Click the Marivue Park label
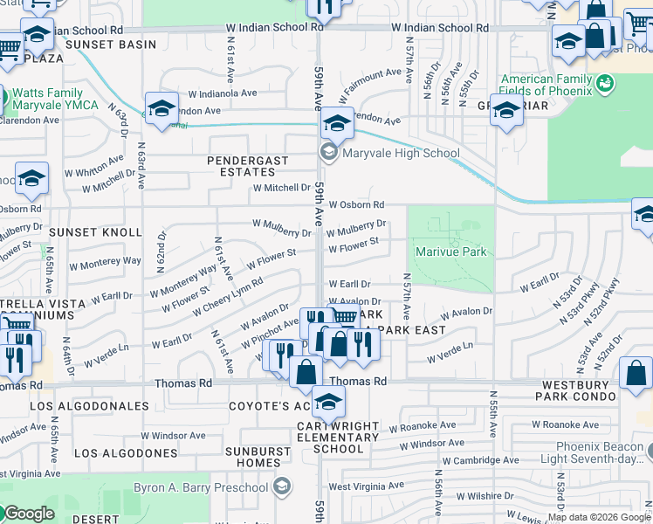(x=450, y=252)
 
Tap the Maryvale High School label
(x=389, y=154)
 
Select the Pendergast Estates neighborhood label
(x=241, y=166)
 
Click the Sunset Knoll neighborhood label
(x=94, y=232)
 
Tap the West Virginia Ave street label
(x=366, y=486)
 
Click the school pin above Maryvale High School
(x=337, y=124)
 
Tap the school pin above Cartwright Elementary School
(x=327, y=402)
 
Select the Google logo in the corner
(x=28, y=514)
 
